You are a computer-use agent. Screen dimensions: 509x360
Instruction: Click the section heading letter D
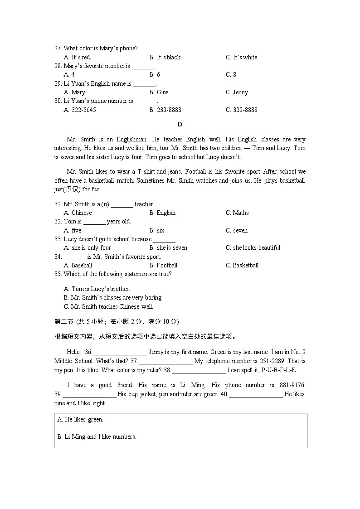tap(180, 124)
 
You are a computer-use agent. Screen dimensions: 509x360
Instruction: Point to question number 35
tap(58, 274)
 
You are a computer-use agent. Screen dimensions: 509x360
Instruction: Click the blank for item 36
tap(120, 352)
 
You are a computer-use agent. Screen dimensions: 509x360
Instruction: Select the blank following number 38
tap(199, 370)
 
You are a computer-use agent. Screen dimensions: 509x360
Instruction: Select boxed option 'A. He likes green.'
tap(80, 420)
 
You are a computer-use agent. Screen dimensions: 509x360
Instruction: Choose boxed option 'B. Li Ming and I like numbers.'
tap(97, 437)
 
